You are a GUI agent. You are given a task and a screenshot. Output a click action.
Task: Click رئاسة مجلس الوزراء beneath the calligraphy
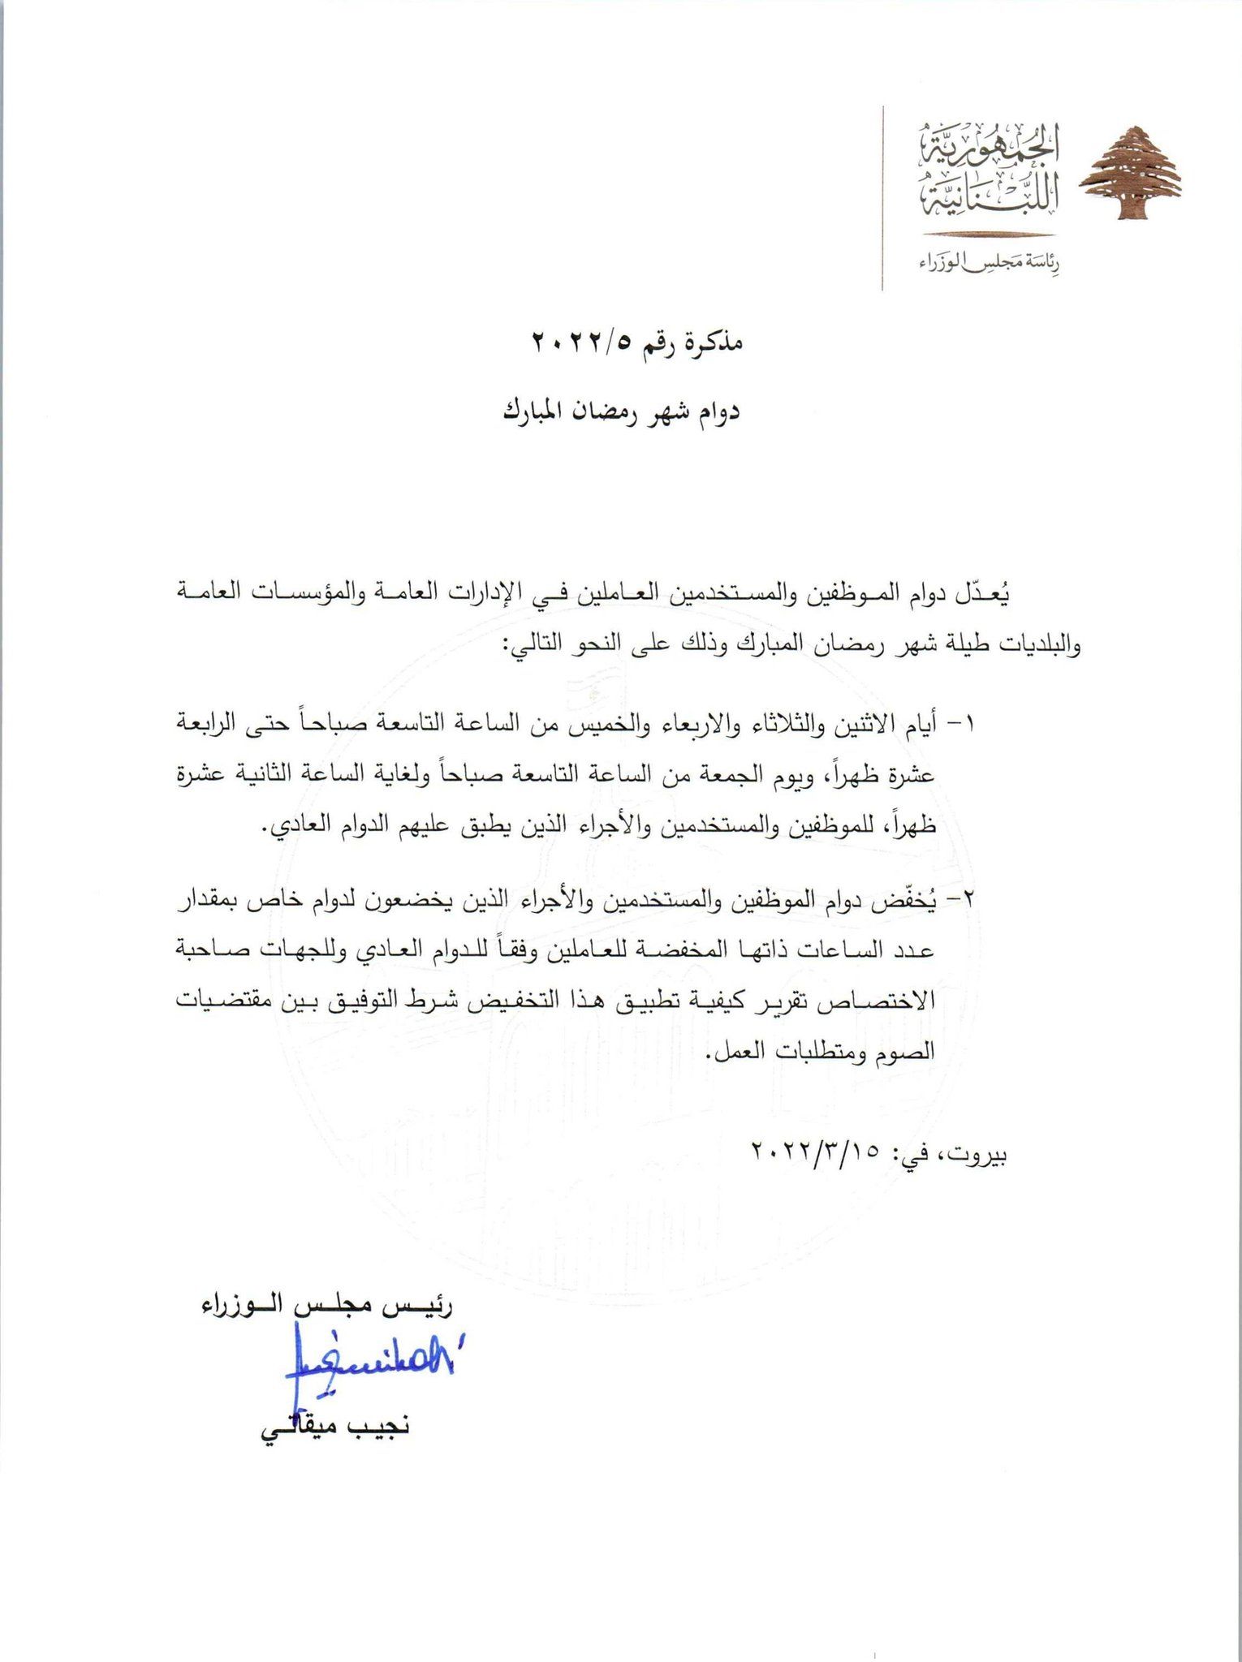[990, 262]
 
